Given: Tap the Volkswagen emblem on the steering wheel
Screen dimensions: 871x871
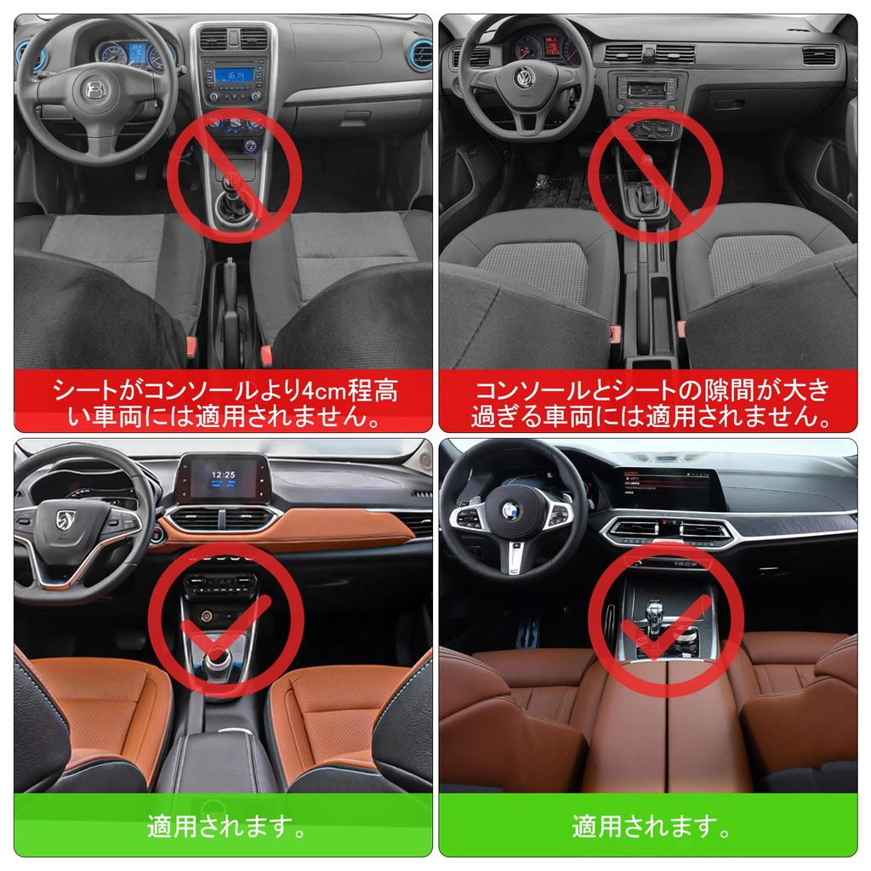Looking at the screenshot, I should pyautogui.click(x=524, y=79).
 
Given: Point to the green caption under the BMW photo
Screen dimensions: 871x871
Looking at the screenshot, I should pyautogui.click(x=651, y=824).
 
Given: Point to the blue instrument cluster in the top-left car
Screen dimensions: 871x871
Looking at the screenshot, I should pyautogui.click(x=133, y=54).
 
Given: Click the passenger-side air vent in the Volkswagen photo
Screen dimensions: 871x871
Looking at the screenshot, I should pyautogui.click(x=818, y=56).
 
